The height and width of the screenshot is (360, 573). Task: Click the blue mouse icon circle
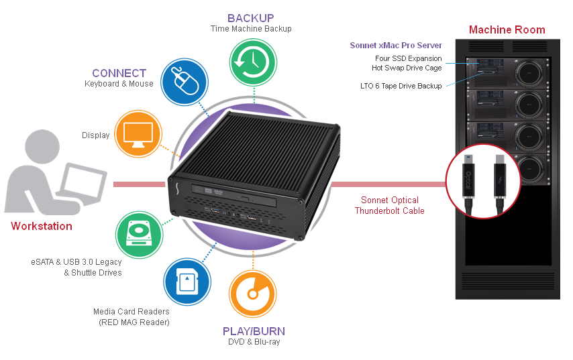[185, 82]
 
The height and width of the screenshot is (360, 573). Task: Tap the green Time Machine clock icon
[253, 62]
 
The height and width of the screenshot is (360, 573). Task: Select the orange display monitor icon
[138, 134]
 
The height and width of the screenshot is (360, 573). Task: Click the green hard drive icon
[140, 235]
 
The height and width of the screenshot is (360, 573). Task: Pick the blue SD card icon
[187, 282]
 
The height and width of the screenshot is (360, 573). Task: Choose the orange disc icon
[252, 294]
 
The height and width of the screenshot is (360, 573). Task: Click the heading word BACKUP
[251, 18]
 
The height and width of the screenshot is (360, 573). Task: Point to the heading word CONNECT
[119, 73]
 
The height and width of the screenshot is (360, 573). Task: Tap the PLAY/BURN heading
[254, 331]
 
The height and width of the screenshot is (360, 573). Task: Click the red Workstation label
[42, 226]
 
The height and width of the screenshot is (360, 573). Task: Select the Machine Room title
[507, 29]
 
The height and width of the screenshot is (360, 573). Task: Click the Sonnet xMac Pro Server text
[396, 46]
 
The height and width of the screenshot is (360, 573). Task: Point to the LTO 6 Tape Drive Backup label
[401, 86]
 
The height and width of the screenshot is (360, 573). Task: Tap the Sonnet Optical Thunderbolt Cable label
[390, 205]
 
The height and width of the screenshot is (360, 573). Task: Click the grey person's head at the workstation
[42, 147]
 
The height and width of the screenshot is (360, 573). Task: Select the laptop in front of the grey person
[82, 183]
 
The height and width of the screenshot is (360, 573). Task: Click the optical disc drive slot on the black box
[234, 196]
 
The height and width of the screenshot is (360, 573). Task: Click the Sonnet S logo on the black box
[178, 190]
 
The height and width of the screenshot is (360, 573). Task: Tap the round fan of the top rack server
[529, 72]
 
